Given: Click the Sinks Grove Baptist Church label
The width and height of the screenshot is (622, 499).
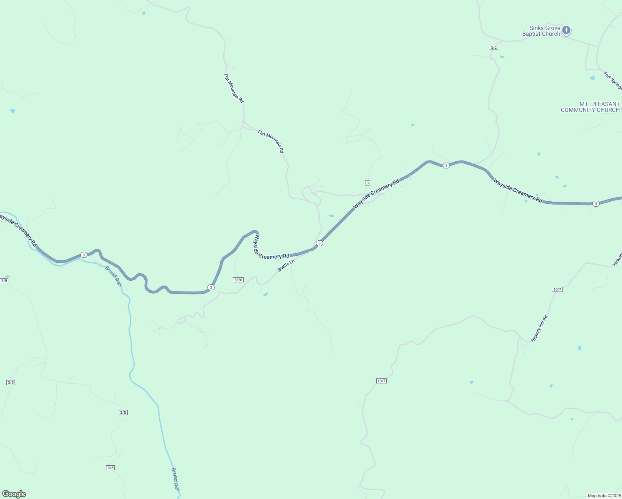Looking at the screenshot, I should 541,31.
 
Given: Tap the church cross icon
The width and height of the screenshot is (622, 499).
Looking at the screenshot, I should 566,30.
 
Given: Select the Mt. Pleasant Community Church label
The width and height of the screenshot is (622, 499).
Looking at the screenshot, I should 590,107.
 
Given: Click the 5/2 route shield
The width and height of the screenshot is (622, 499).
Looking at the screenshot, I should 494,47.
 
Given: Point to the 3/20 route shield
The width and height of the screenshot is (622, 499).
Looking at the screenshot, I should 238,280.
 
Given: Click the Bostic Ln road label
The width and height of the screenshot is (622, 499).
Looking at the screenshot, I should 286,265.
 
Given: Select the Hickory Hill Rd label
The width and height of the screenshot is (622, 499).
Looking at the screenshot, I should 540,329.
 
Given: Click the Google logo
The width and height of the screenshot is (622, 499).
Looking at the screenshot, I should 14,494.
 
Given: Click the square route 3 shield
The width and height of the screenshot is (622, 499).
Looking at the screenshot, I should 368,183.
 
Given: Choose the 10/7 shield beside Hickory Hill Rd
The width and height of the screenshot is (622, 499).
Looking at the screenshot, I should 557,289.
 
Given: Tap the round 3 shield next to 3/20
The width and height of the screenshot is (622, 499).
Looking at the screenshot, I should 211,287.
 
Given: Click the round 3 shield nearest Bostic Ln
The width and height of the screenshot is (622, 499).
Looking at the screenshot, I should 319,243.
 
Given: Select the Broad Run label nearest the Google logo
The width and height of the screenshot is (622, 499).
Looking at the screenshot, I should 176,479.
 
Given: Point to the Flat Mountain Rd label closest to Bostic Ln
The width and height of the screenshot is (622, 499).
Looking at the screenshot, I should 271,141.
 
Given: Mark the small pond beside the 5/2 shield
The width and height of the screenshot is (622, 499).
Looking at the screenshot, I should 502,57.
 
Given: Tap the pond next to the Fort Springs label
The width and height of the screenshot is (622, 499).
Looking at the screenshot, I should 592,78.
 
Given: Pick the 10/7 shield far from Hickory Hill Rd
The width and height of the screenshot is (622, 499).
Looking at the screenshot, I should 381,381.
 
